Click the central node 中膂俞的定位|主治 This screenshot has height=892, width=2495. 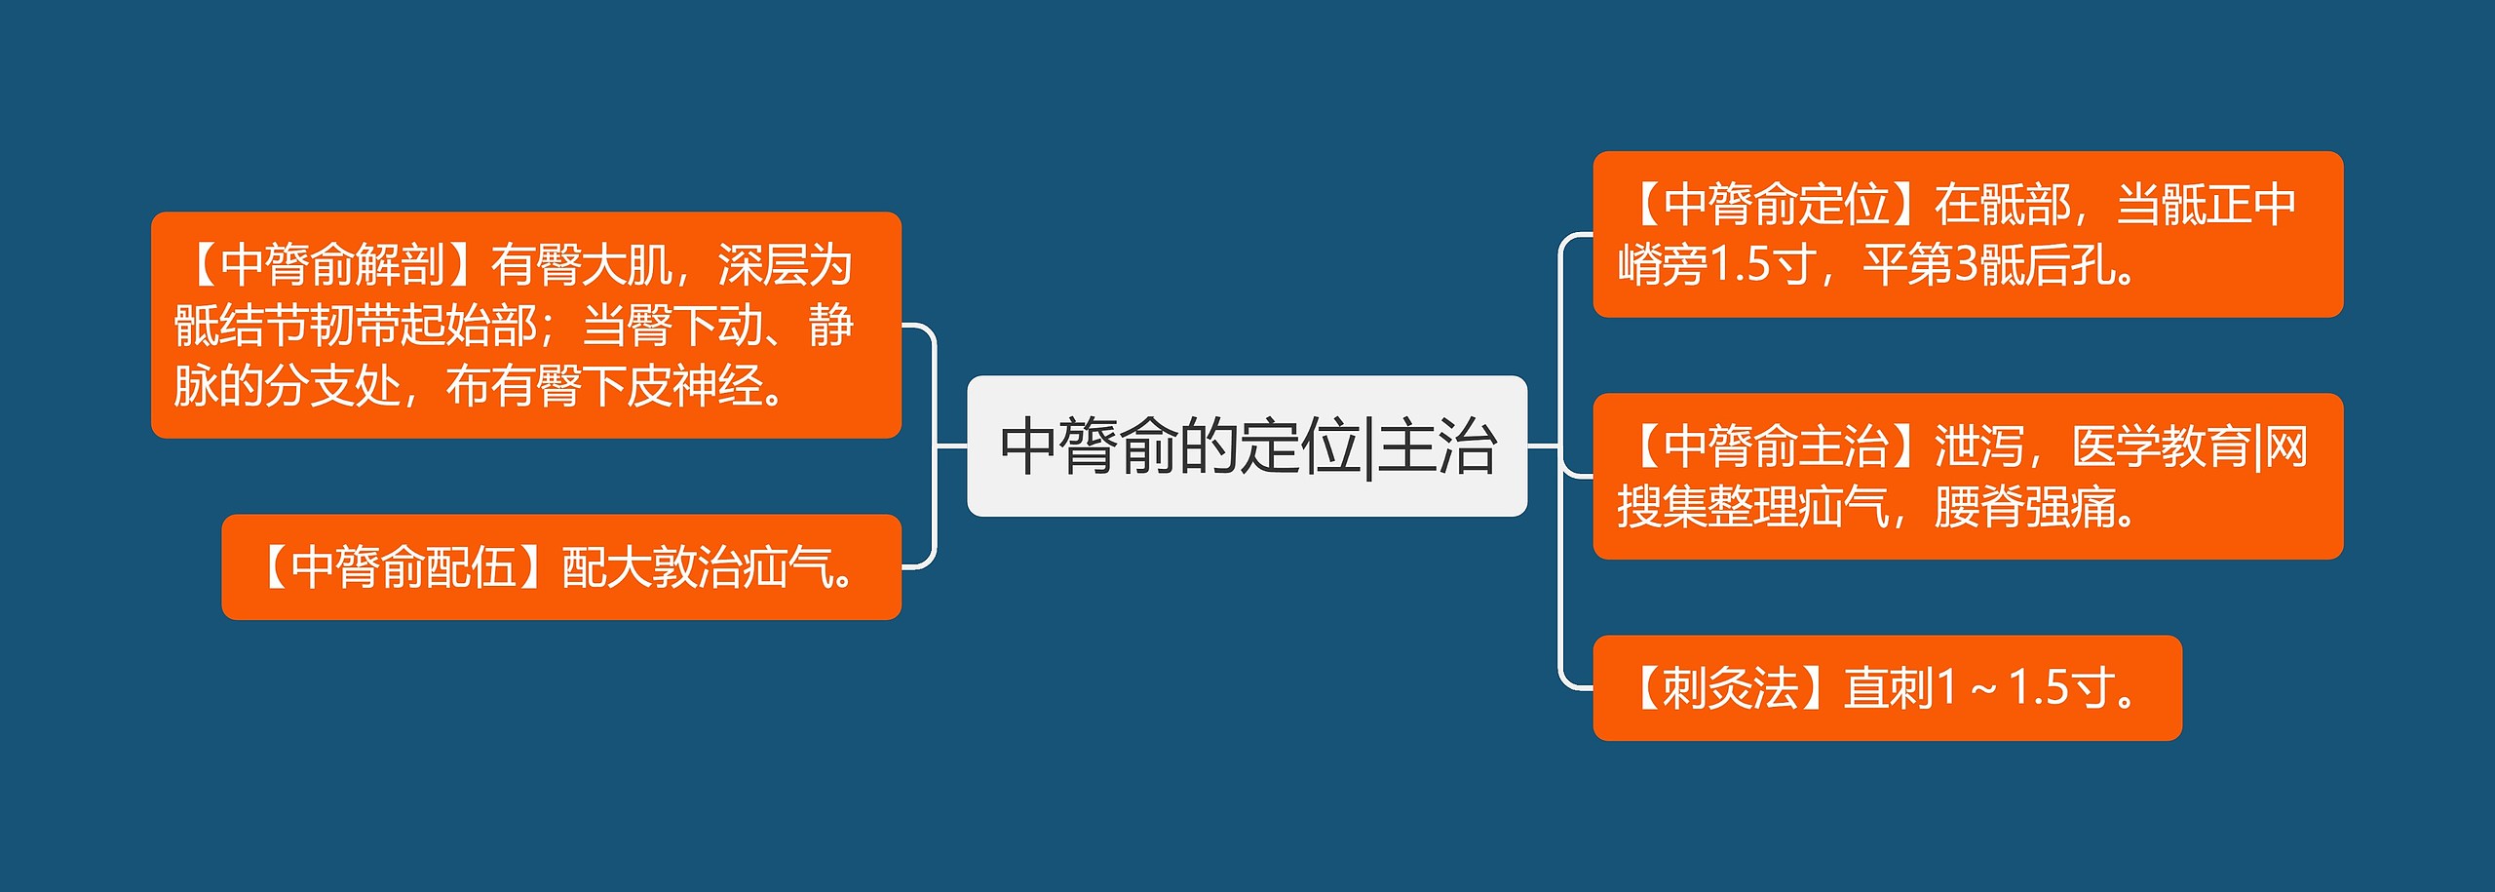(x=1247, y=446)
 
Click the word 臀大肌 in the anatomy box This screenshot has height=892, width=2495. (x=604, y=265)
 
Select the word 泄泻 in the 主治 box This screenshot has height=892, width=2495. (x=1978, y=446)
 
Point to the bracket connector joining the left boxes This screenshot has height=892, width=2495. (x=935, y=446)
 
